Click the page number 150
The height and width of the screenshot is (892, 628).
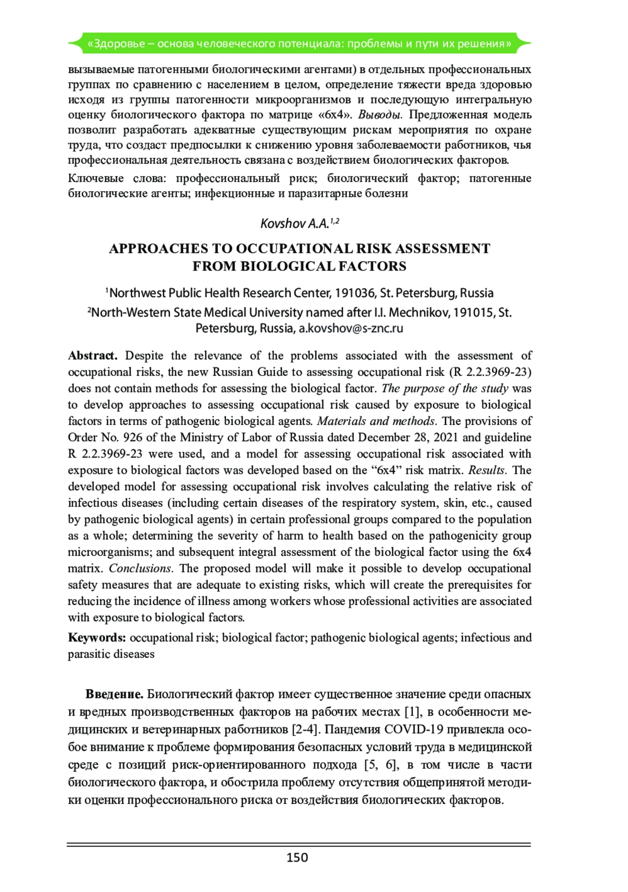[x=297, y=857]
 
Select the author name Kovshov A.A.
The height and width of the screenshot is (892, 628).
[x=295, y=224]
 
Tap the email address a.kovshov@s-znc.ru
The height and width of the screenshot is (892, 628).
[x=351, y=328]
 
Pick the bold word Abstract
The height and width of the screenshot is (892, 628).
[x=93, y=355]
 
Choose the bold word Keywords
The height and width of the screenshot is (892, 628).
[x=97, y=637]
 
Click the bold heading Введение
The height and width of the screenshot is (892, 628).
[x=114, y=694]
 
